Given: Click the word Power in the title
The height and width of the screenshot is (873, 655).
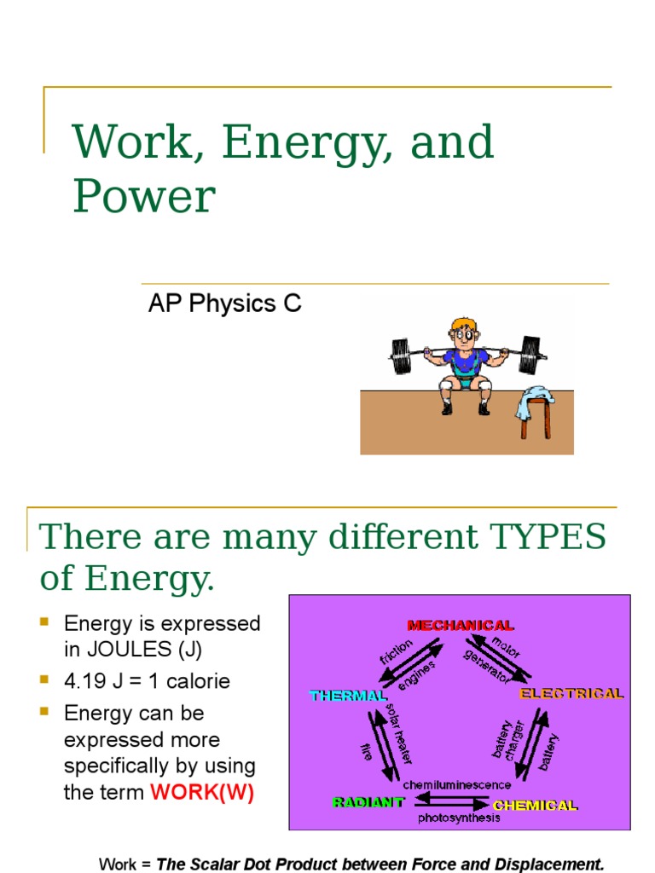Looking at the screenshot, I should pos(143,196).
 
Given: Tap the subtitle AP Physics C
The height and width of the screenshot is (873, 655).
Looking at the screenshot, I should pos(224,304).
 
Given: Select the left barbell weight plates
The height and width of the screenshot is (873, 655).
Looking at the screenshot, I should pos(401,355).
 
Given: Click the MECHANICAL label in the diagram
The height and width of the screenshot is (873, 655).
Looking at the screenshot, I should pos(461,626).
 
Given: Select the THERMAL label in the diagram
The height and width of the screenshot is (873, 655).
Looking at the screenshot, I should pos(348,696).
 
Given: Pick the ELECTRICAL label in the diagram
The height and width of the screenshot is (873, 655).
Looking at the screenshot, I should pos(572,693).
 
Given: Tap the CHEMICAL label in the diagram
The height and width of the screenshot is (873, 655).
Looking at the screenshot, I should pos(536,805).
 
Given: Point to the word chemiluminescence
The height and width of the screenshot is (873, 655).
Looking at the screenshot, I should pos(457,784).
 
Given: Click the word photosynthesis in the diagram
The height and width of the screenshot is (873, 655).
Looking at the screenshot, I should pos(459,818).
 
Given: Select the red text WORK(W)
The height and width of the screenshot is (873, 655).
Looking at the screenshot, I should pos(202,792).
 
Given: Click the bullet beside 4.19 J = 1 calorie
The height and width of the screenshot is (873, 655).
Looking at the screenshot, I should pos(45,680).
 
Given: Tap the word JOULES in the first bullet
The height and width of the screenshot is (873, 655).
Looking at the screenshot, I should pos(129,650).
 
